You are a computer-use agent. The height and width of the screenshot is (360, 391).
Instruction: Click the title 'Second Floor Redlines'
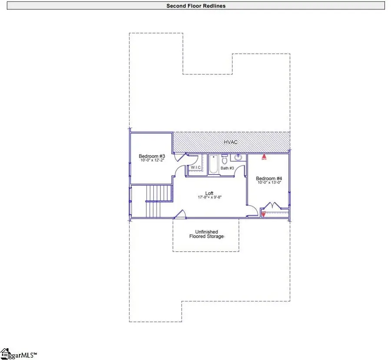tap(195, 6)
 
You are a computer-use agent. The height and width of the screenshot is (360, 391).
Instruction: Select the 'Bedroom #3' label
tap(152, 157)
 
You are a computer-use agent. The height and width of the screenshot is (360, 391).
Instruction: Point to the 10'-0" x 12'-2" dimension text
tap(152, 161)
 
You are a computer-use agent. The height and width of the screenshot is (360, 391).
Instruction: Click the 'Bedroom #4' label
tap(269, 178)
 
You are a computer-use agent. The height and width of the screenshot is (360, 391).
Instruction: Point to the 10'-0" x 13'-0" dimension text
tap(269, 183)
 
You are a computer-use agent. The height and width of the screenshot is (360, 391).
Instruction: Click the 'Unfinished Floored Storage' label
tap(206, 234)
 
